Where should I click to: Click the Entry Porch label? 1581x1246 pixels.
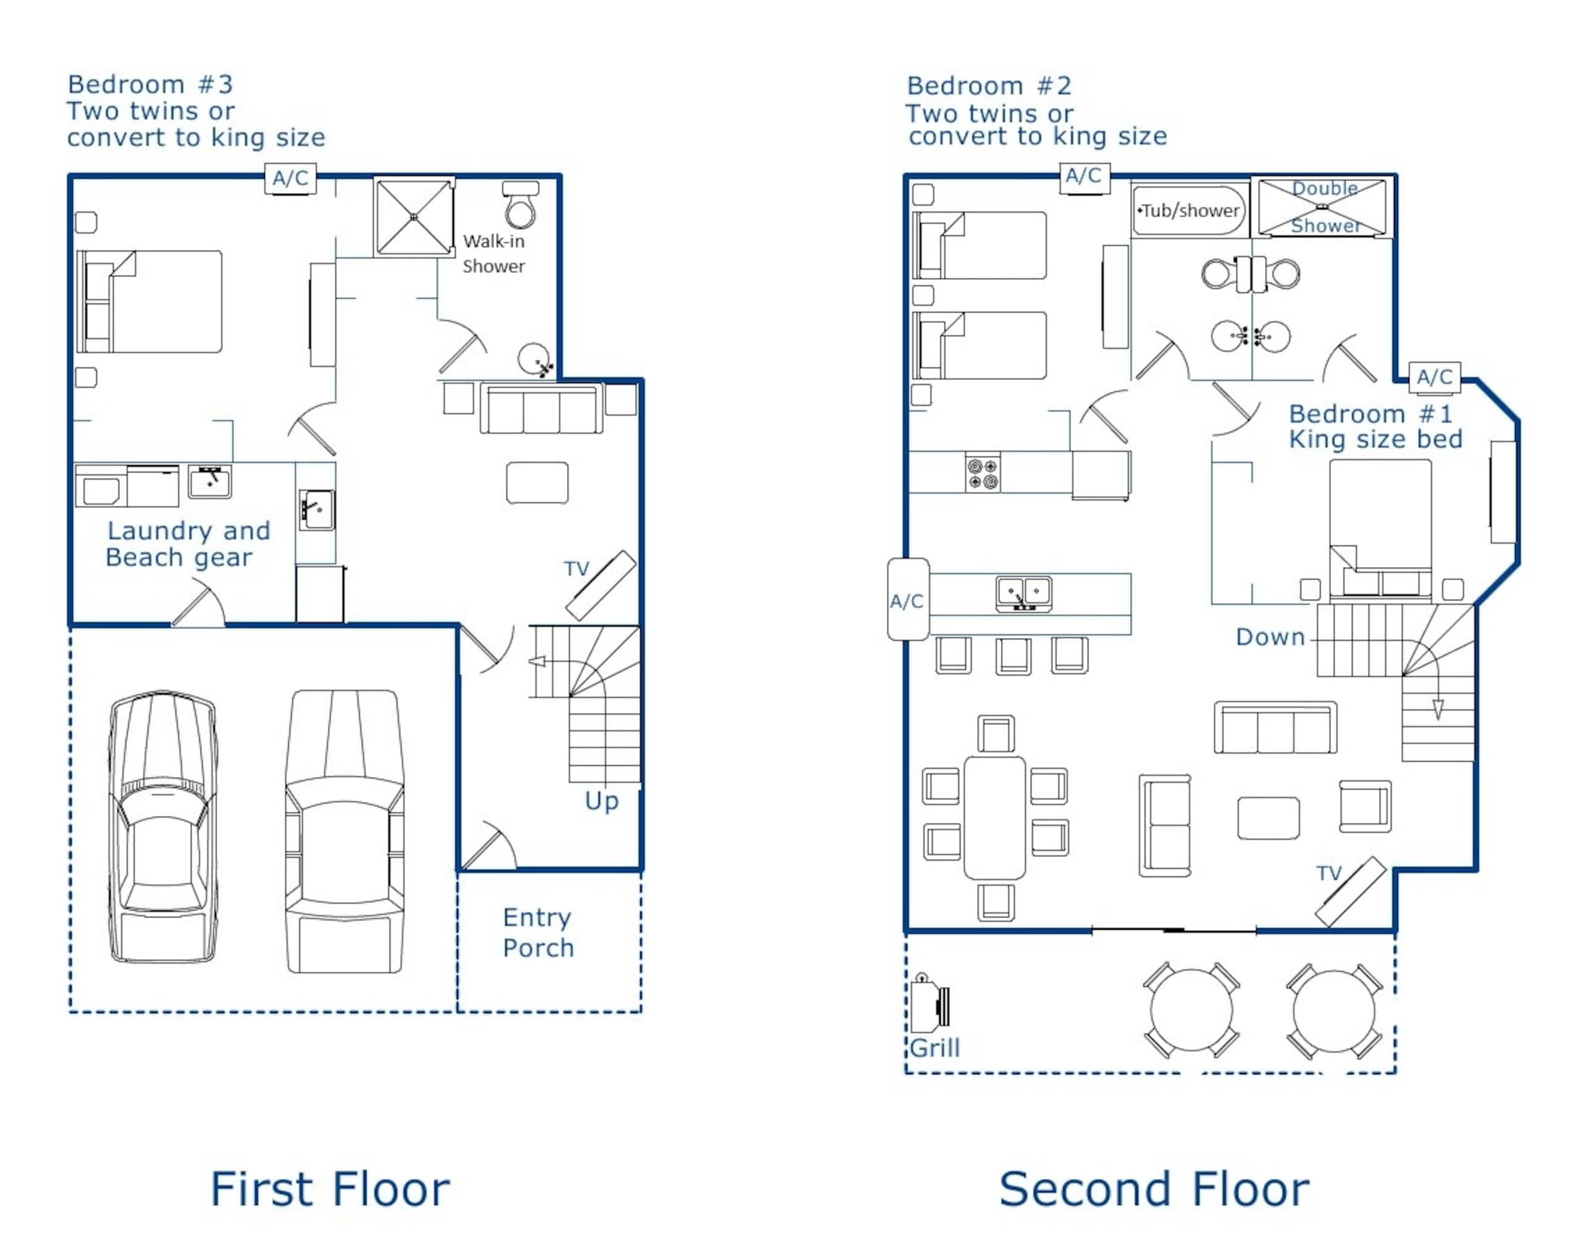pos(538,932)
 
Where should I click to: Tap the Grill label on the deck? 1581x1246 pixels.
pos(935,1048)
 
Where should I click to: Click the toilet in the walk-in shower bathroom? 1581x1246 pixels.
pos(520,205)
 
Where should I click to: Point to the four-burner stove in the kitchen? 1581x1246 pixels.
pos(983,473)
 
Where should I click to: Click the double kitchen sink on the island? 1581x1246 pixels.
pos(1024,593)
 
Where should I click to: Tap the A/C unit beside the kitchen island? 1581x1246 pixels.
pos(908,600)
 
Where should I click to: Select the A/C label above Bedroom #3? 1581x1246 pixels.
pos(290,178)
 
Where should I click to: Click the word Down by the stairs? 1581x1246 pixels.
pos(1270,637)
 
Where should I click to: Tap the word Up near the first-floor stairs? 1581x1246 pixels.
pos(602,802)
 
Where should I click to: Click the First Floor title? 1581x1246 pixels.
pos(330,1190)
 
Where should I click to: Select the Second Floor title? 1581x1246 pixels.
pos(1154,1190)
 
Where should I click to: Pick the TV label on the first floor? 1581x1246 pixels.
pos(576,568)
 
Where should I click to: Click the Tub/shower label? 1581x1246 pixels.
pos(1190,211)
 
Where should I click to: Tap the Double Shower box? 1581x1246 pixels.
pos(1322,208)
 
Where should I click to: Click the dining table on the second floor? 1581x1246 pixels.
pos(995,818)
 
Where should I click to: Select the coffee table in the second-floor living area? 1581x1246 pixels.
pos(1268,819)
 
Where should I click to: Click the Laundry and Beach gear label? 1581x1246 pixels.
pos(188,544)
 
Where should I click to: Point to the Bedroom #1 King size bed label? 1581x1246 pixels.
pos(1375,426)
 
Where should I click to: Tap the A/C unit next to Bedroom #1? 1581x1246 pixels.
pos(1435,377)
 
